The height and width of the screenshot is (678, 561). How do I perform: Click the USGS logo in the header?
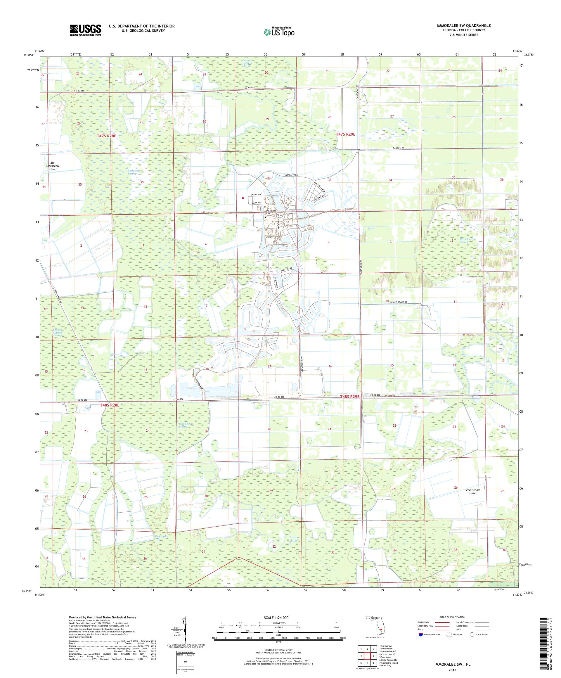point(85,30)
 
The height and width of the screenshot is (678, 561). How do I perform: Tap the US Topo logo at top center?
point(279,32)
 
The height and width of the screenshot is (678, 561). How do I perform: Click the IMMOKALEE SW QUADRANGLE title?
point(464,25)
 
